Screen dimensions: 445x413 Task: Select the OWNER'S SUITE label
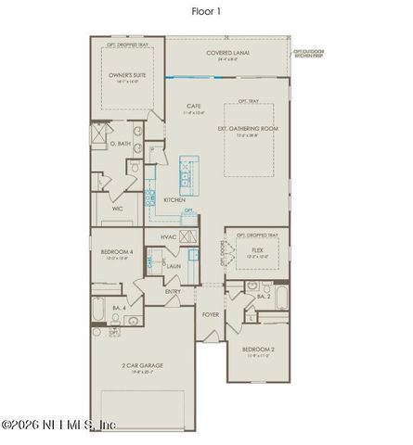click(127, 77)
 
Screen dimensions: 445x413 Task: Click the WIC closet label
click(118, 209)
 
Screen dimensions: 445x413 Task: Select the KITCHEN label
click(174, 199)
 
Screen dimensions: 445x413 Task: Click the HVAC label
click(168, 237)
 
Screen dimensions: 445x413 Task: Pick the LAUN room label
click(174, 266)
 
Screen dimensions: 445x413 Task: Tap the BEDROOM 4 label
click(115, 251)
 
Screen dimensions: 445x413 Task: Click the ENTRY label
click(174, 291)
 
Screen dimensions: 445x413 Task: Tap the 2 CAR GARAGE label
click(142, 366)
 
